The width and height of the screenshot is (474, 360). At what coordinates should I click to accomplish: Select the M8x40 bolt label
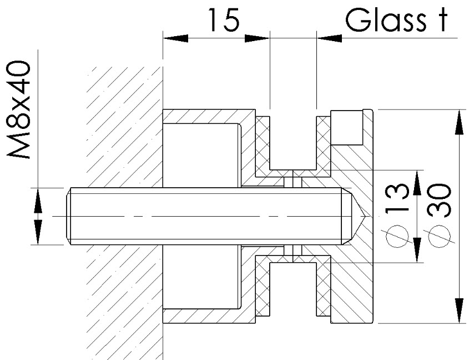pyautogui.click(x=19, y=109)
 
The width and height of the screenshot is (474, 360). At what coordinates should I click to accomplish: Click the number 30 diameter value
pyautogui.click(x=440, y=201)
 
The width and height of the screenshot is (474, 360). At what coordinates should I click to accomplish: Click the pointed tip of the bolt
pyautogui.click(x=365, y=216)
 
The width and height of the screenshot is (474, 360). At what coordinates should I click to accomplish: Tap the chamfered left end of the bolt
pyautogui.click(x=69, y=216)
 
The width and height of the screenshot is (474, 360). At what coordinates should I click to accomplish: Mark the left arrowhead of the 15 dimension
pyautogui.click(x=175, y=38)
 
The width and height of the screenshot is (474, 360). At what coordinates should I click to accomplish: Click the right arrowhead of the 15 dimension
pyautogui.click(x=257, y=38)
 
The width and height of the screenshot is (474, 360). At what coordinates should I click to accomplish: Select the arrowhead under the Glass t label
pyautogui.click(x=329, y=38)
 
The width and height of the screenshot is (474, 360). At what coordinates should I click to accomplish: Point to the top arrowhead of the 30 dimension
pyautogui.click(x=460, y=122)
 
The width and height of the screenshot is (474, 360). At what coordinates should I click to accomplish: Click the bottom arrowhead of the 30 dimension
pyautogui.click(x=460, y=311)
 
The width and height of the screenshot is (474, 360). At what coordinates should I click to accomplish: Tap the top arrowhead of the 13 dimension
pyautogui.click(x=417, y=183)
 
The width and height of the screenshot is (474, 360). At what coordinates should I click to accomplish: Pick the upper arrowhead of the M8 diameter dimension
pyautogui.click(x=38, y=200)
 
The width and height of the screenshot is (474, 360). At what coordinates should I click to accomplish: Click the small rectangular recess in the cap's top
pyautogui.click(x=346, y=128)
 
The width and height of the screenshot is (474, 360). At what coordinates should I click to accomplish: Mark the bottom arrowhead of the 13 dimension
pyautogui.click(x=417, y=250)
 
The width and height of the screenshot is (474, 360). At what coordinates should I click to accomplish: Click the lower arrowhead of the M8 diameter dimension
pyautogui.click(x=38, y=232)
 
